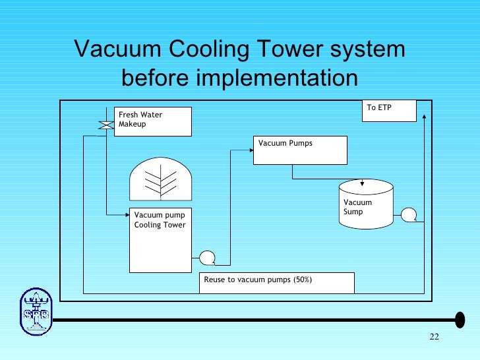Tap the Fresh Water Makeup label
coord(152,120)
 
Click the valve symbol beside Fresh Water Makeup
coord(104,125)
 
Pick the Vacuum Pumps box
coord(300,150)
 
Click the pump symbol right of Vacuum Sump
coord(409,214)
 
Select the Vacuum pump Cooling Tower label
coord(160,220)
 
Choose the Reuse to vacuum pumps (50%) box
coord(276,282)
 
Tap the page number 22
coord(433,338)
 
